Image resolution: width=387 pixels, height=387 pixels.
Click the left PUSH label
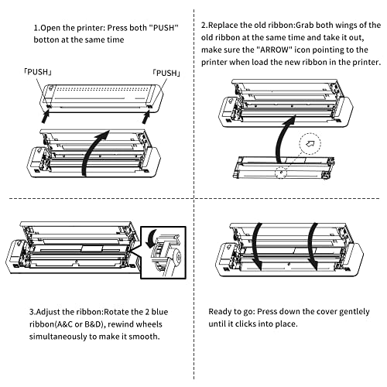pyautogui.click(x=38, y=72)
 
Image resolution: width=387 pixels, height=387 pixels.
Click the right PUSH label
pyautogui.click(x=166, y=73)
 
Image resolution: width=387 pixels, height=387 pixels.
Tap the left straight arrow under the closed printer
pyautogui.click(x=46, y=116)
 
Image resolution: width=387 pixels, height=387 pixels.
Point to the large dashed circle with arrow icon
pyautogui.click(x=310, y=144)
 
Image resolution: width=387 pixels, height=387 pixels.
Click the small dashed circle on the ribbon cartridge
pyautogui.click(x=281, y=172)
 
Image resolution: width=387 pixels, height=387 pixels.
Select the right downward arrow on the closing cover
pyautogui.click(x=311, y=245)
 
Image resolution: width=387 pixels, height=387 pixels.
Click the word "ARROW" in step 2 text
pyautogui.click(x=274, y=50)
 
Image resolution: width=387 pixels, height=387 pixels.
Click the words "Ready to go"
pyautogui.click(x=231, y=312)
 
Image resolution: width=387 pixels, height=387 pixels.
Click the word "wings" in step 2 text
pyautogui.click(x=347, y=25)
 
